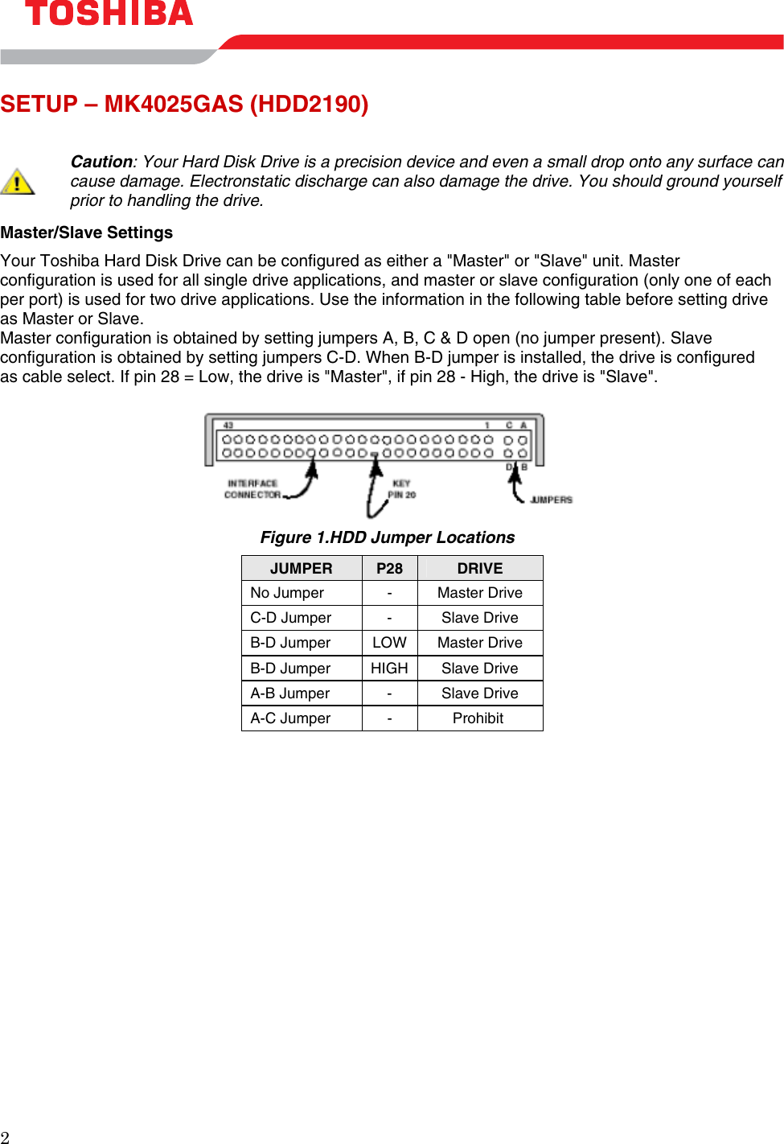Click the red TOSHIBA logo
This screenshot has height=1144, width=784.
(109, 13)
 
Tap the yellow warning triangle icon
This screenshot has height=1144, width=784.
(17, 182)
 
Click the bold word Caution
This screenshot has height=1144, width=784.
(101, 162)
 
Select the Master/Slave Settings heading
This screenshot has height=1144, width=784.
(87, 233)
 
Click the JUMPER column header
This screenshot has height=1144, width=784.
(301, 568)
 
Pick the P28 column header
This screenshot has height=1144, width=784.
(389, 568)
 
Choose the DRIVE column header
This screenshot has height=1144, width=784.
(480, 568)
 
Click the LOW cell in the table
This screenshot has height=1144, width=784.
(389, 643)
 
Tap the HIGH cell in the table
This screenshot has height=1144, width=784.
(389, 668)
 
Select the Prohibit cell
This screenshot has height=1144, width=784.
(478, 718)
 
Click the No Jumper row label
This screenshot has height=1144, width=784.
(287, 593)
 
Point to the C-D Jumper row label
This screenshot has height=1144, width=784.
(290, 618)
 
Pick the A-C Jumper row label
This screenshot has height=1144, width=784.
(290, 718)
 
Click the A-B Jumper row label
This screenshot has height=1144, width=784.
(290, 693)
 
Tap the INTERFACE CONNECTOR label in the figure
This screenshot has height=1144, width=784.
(252, 489)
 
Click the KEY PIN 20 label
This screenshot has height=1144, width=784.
(402, 489)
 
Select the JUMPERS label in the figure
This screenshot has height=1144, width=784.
(551, 500)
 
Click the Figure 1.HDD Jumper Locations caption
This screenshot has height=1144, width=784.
(388, 537)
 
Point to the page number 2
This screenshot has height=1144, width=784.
(5, 1137)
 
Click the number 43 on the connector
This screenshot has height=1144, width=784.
(228, 425)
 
